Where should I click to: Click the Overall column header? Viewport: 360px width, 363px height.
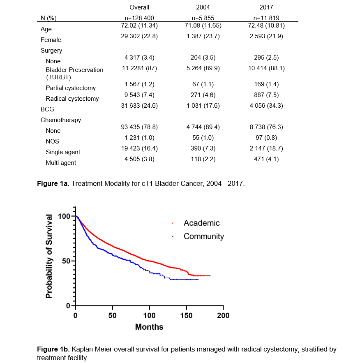(139, 7)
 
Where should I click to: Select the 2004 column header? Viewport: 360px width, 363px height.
(203, 7)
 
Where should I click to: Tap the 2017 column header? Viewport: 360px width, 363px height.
(266, 7)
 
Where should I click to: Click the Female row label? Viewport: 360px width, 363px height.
(51, 40)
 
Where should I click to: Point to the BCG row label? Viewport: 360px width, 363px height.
(47, 109)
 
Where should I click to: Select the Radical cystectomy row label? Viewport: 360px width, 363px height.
(72, 99)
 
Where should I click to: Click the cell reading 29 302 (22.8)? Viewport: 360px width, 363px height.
(139, 36)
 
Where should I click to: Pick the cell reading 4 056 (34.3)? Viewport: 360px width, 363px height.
(266, 106)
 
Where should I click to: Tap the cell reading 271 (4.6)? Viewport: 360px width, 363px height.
(203, 95)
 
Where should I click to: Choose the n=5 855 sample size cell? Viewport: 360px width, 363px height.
(203, 18)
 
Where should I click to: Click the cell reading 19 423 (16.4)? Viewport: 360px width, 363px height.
(139, 148)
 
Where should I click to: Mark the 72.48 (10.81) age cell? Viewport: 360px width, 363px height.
(266, 25)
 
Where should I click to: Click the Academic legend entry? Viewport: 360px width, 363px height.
(201, 223)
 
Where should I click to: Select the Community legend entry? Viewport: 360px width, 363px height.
(203, 236)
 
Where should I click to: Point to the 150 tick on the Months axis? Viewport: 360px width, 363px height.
(186, 316)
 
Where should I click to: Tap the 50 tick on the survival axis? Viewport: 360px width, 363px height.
(66, 261)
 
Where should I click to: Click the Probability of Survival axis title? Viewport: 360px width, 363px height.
(49, 256)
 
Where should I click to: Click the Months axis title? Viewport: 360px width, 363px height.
(149, 327)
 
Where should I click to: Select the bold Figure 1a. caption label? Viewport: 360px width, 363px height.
(53, 184)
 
